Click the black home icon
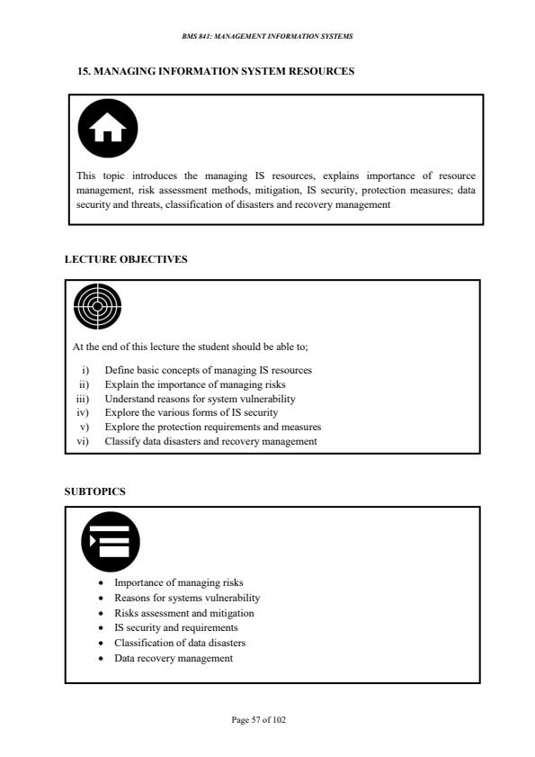[108, 128]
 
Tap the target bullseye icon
[97, 307]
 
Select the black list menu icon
[111, 542]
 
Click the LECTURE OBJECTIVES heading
[126, 259]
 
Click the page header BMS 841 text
[267, 36]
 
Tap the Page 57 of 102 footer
[258, 720]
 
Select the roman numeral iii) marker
[83, 399]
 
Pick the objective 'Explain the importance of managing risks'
[195, 384]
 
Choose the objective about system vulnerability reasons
[200, 399]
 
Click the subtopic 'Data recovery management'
[174, 658]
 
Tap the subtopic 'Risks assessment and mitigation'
[184, 613]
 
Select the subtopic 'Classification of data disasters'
[180, 643]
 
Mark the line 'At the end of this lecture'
[190, 347]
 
